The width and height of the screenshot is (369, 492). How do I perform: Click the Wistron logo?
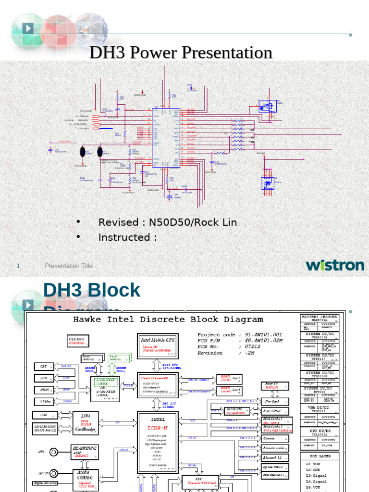point(335,265)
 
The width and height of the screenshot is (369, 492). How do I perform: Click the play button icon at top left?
point(28,29)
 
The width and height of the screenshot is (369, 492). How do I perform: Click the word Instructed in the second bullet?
point(124,237)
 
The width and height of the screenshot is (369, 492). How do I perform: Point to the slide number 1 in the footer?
point(19,266)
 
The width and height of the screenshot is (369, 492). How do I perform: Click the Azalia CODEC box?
point(85,479)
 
